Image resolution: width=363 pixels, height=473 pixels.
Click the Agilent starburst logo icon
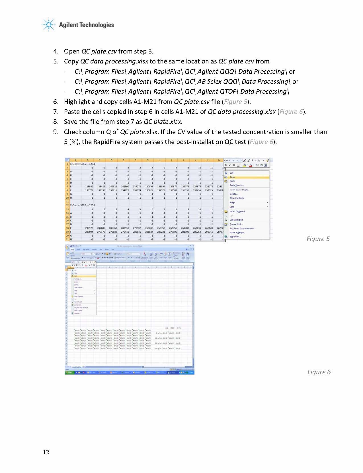[x=49, y=25]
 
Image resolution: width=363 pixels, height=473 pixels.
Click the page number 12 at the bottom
[x=46, y=452]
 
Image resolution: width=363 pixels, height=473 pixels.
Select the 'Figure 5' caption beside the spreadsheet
[x=318, y=239]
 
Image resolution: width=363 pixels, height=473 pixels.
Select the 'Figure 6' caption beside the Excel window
[x=319, y=372]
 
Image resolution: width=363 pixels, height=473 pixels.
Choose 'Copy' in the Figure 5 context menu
[x=232, y=177]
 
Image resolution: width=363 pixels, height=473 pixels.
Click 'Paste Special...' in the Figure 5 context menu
[x=237, y=185]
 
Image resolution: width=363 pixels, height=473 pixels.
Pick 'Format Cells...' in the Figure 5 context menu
[x=236, y=224]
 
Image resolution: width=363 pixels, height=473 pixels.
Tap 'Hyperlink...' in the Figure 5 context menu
[x=235, y=236]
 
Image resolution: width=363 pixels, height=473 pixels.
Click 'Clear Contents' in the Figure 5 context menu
[x=237, y=198]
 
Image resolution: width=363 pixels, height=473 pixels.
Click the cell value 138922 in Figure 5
[x=89, y=186]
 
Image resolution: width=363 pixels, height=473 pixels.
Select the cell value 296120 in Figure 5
[x=89, y=228]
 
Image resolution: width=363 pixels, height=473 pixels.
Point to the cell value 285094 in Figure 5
[x=89, y=232]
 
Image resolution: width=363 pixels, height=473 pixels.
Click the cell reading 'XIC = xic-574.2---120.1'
[x=83, y=164]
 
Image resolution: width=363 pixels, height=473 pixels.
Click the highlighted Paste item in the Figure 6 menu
[x=76, y=276]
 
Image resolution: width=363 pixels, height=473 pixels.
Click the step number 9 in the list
[x=56, y=132]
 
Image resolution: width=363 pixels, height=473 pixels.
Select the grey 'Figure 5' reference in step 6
[x=235, y=102]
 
